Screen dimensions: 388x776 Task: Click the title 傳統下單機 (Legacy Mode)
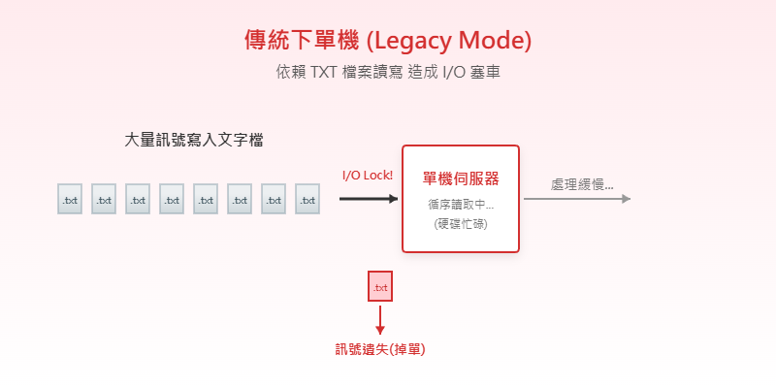[x=388, y=41]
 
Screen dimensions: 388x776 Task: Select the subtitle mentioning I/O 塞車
[x=388, y=73]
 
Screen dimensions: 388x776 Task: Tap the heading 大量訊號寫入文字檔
[x=195, y=140]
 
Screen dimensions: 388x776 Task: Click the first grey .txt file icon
[x=70, y=199]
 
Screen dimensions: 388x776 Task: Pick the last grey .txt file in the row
[x=307, y=199]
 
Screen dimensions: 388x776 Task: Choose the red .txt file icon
[x=380, y=286]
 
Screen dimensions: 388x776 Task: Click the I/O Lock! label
[x=368, y=176]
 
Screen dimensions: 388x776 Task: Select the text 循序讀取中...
[x=461, y=205]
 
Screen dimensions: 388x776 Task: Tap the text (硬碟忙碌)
[x=461, y=223]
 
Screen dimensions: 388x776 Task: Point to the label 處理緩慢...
[x=582, y=184]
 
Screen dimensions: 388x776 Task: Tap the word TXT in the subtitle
[x=327, y=73]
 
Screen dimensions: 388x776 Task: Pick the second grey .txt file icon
[x=104, y=199]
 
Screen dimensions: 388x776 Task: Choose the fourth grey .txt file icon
[x=172, y=199]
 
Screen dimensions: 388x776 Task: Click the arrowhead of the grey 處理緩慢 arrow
[x=626, y=199]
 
